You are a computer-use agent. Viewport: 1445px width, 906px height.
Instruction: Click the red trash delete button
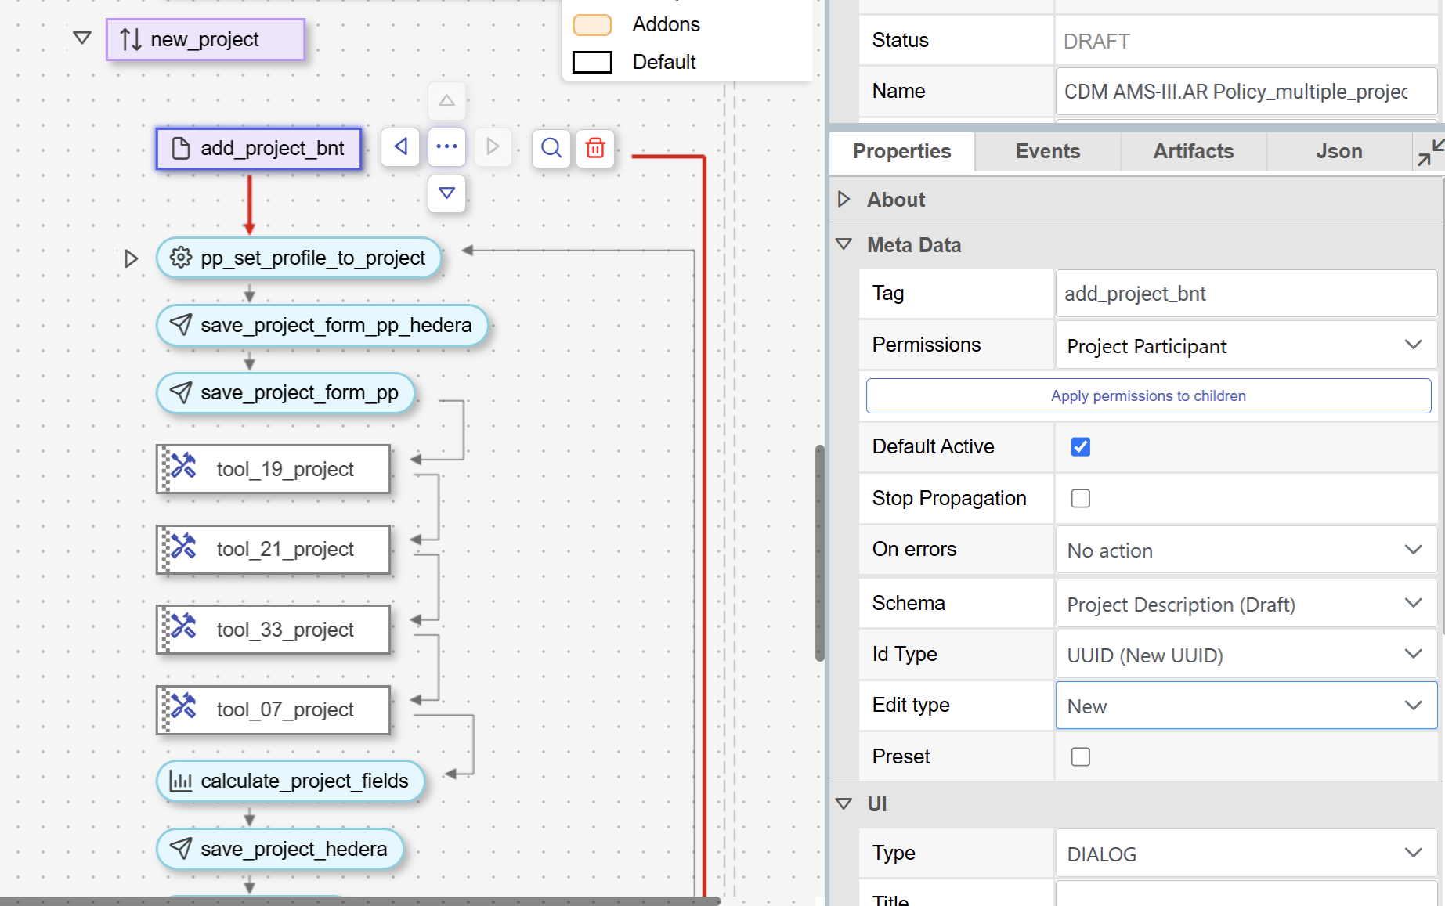(595, 147)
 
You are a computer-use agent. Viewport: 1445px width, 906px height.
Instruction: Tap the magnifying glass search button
(551, 147)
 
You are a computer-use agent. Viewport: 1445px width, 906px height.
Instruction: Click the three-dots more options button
(446, 146)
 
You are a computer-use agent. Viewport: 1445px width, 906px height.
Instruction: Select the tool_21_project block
(273, 549)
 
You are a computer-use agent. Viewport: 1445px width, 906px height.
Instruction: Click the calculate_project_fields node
(291, 781)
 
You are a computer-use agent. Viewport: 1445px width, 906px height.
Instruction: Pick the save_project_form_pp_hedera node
(322, 325)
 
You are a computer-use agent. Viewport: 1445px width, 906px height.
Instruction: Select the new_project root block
(205, 39)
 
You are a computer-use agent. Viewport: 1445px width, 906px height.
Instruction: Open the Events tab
(1048, 151)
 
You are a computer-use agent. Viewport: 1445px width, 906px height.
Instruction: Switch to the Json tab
(1339, 151)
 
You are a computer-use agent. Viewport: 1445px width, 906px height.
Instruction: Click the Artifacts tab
(1194, 151)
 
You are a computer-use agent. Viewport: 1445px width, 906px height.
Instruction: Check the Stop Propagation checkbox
(1081, 498)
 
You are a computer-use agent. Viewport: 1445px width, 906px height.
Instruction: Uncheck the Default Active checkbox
(1081, 446)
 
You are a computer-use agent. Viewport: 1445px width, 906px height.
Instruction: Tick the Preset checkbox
(1081, 756)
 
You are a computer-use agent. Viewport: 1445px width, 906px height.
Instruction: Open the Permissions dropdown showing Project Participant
(1246, 345)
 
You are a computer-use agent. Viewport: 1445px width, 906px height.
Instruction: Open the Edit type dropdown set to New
(1246, 706)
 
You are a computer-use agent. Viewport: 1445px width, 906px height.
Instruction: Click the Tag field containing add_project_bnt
(1246, 294)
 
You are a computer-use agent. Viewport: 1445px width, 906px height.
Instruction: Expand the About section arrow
(844, 199)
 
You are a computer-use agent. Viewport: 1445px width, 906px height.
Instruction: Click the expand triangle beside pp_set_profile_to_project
(131, 258)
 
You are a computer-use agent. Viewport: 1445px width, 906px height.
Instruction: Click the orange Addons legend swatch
(592, 25)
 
